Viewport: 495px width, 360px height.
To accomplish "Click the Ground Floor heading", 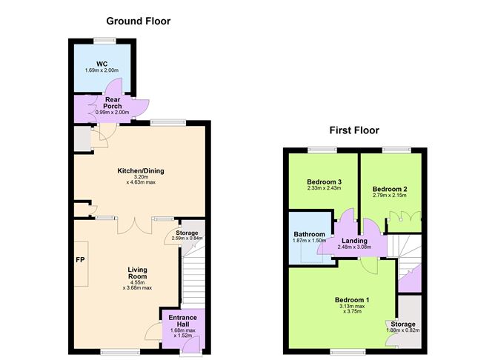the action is tap(139, 21).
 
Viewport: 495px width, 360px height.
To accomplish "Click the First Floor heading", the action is tap(354, 130).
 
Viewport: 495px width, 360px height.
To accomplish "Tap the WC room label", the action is tap(102, 64).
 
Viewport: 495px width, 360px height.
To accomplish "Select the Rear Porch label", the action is tap(113, 103).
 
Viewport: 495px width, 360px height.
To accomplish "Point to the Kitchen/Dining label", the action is tap(141, 171).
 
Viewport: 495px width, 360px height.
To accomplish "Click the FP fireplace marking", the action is tap(80, 260).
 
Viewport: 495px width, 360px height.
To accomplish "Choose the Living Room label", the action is tap(137, 273).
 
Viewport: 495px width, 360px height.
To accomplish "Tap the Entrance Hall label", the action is tap(183, 321).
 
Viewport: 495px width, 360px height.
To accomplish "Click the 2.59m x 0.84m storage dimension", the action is tap(187, 239).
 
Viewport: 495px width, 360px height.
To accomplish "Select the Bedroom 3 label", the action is tap(325, 182).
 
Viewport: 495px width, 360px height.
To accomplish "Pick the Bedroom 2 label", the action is tap(390, 190).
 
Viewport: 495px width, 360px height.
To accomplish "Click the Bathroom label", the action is tap(310, 234).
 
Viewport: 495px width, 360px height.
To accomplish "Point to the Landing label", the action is tap(354, 241).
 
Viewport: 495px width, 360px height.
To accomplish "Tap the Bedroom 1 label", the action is tap(352, 300).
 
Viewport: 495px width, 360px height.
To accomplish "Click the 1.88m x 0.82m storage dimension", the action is tap(403, 330).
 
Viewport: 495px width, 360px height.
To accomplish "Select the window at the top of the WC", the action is tap(104, 40).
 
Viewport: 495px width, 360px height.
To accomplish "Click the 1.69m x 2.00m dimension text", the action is tap(102, 70).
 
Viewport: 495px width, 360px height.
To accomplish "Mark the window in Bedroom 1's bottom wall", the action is tap(348, 351).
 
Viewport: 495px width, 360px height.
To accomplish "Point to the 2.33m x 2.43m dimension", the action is tap(325, 188).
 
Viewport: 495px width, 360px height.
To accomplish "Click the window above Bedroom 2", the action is tap(397, 150).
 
